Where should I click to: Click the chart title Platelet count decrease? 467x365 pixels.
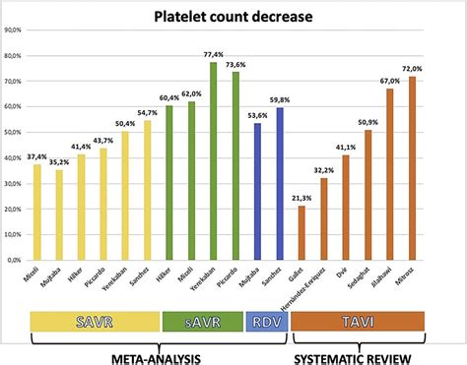click(234, 16)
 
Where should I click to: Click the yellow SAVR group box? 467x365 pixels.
click(95, 321)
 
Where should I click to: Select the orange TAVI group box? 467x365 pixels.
click(357, 321)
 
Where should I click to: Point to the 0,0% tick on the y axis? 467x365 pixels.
click(17, 261)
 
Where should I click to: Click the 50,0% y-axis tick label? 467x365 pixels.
click(15, 132)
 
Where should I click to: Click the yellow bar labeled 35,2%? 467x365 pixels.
click(59, 215)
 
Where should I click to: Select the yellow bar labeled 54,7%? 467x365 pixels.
click(147, 191)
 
